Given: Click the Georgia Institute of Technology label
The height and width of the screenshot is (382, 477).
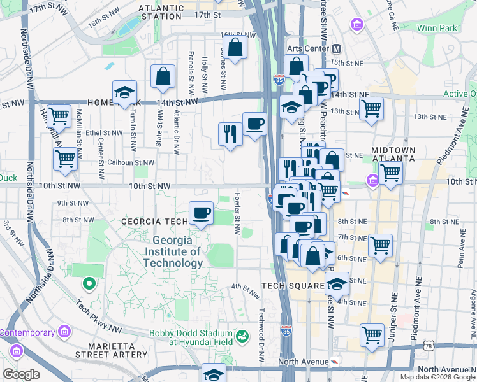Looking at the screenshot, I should (177, 252).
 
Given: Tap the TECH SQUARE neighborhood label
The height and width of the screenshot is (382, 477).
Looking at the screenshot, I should (293, 286).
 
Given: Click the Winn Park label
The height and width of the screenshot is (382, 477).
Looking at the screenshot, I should (437, 28).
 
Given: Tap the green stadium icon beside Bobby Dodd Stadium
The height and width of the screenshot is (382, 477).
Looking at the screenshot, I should (242, 335).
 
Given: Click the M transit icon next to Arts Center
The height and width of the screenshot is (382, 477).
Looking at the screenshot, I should (336, 49).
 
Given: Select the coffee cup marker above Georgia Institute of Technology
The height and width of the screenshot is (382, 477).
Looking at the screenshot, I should (202, 213).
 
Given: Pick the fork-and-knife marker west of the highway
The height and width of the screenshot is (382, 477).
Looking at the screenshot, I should (230, 134).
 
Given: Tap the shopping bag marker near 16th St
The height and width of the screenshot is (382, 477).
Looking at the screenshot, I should (235, 48).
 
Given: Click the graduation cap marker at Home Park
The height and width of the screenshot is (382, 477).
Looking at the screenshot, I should (124, 92).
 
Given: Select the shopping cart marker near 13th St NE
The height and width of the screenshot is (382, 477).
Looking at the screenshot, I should (371, 108).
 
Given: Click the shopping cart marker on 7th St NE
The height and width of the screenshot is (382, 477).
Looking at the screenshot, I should (380, 245).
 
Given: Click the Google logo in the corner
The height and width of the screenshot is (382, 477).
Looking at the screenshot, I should (21, 374).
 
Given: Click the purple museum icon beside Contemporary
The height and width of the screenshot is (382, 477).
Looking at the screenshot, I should (63, 332).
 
